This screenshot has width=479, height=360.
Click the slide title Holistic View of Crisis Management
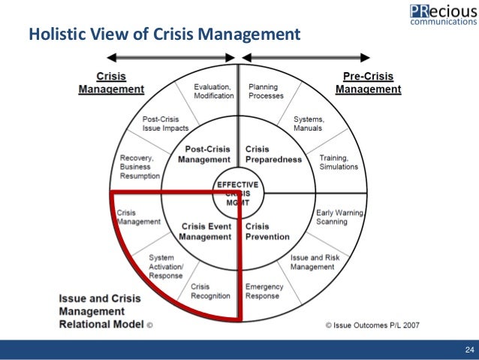point(164,35)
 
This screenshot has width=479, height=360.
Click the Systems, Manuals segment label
point(309,124)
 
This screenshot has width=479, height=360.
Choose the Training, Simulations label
point(338,162)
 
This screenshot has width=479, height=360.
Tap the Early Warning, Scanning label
point(340,218)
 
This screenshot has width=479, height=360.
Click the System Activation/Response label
point(166,265)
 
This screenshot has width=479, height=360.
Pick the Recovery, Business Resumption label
point(140,166)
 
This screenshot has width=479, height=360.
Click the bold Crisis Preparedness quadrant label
point(273,153)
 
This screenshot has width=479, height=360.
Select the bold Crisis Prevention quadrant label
point(267,231)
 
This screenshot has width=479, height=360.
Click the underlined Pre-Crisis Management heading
point(368,83)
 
